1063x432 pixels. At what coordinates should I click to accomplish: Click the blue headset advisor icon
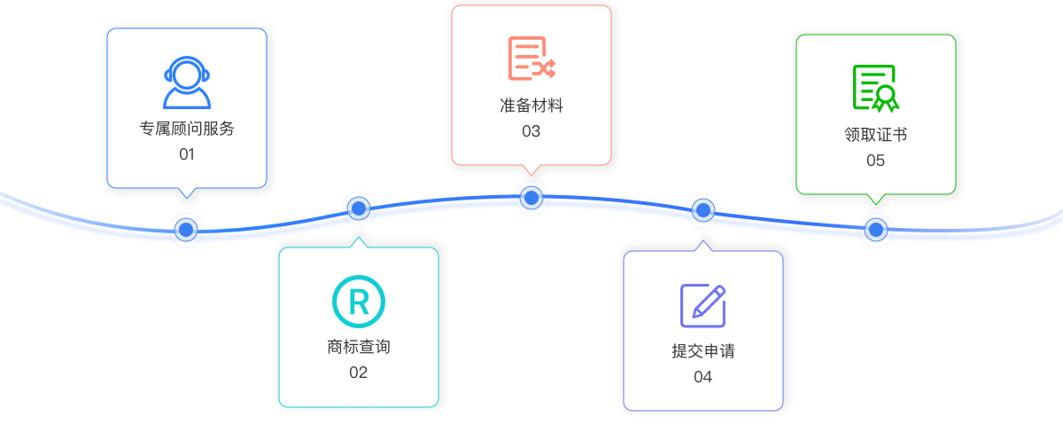coord(187,82)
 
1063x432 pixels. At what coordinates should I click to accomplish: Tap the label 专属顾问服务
coord(187,128)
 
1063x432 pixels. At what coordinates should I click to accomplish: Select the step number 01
coord(187,154)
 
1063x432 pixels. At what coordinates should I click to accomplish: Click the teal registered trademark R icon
coord(359,302)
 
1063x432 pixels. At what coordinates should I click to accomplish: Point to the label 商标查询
coord(359,347)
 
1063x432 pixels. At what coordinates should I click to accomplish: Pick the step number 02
coord(358,373)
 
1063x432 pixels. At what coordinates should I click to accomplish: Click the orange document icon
coord(531,59)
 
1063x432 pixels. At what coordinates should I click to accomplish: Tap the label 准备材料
coord(531,106)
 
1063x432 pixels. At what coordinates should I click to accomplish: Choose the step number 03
coord(531,131)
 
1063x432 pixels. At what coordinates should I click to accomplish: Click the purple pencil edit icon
coord(703,305)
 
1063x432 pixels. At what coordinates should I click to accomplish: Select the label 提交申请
coord(703,351)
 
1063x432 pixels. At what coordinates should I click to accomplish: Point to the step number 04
coord(703,377)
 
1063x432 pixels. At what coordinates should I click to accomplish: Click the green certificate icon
coord(875,88)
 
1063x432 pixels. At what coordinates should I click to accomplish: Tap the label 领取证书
coord(876,135)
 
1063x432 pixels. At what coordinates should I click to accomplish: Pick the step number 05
coord(876,161)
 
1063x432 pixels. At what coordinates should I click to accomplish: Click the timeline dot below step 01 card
coord(186,230)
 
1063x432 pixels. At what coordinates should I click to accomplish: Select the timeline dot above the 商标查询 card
coord(359,208)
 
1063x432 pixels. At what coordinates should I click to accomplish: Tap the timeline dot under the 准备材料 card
coord(531,197)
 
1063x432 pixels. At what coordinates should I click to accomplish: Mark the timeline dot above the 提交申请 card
coord(703,210)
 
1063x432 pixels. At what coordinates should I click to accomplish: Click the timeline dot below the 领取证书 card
coord(876,230)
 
